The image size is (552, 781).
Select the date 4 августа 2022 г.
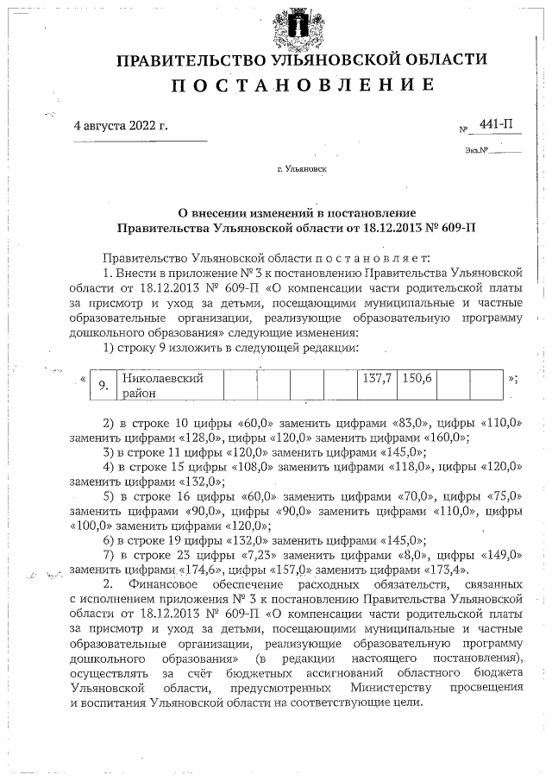pos(121,125)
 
